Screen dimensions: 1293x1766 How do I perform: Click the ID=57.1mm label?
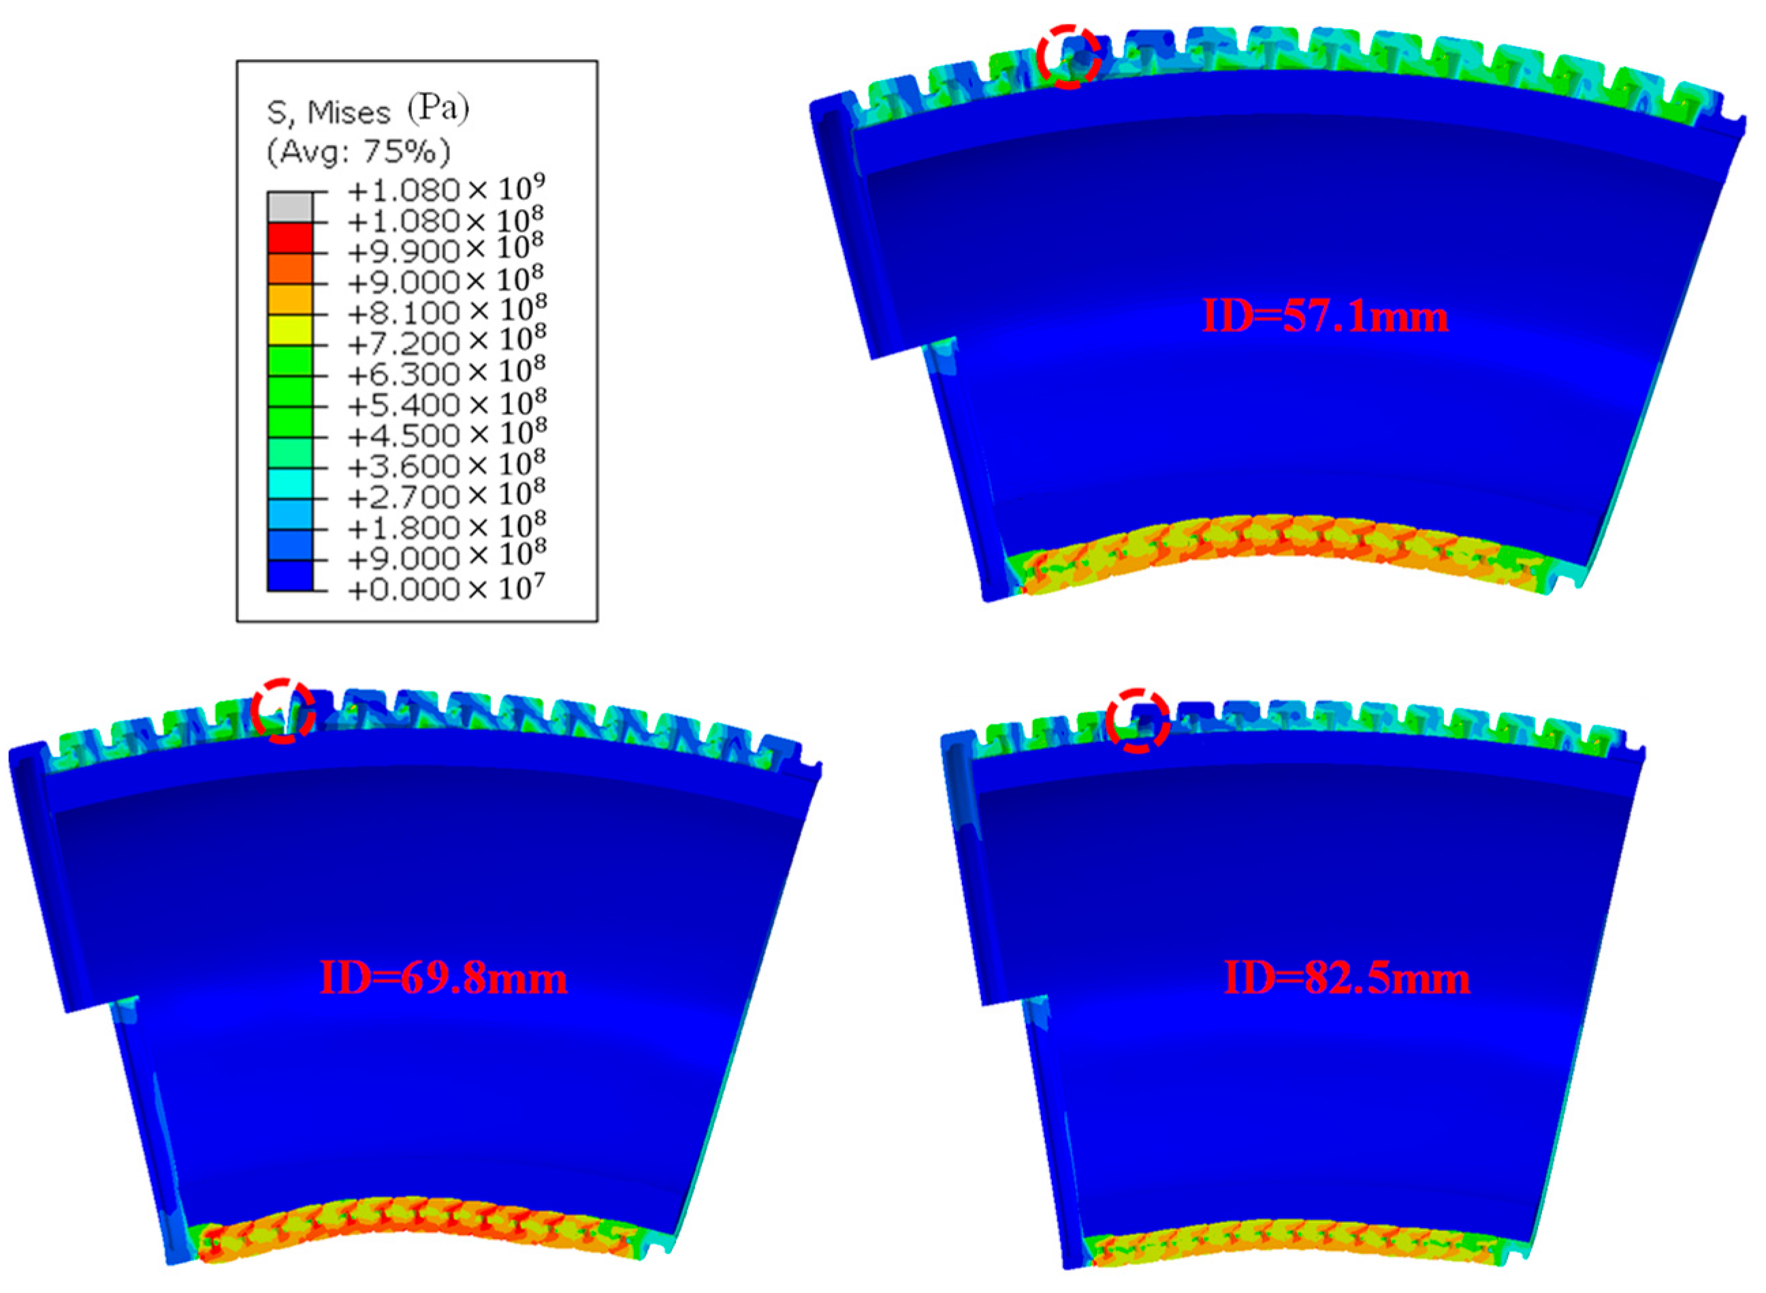pos(1324,317)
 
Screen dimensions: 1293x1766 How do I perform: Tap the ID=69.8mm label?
pos(444,978)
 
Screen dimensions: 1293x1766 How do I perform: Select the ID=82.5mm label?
pos(1346,978)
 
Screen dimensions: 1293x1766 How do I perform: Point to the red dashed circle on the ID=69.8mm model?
pos(283,711)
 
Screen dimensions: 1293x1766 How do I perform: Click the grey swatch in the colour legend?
pos(289,206)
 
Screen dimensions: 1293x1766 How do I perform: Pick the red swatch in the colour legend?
pos(289,238)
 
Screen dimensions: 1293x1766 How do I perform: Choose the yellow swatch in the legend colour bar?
pos(289,330)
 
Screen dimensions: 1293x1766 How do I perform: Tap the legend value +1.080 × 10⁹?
pos(446,189)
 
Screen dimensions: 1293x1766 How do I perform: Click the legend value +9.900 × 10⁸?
pos(446,251)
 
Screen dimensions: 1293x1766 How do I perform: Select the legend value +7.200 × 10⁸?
pos(446,342)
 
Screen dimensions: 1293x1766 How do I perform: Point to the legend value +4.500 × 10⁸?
pos(446,434)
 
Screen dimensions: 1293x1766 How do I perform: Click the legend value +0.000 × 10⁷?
pos(446,588)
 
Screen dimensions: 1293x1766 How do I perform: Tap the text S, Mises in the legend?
pos(329,114)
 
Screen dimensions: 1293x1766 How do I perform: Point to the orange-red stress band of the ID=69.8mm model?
pos(415,1229)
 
